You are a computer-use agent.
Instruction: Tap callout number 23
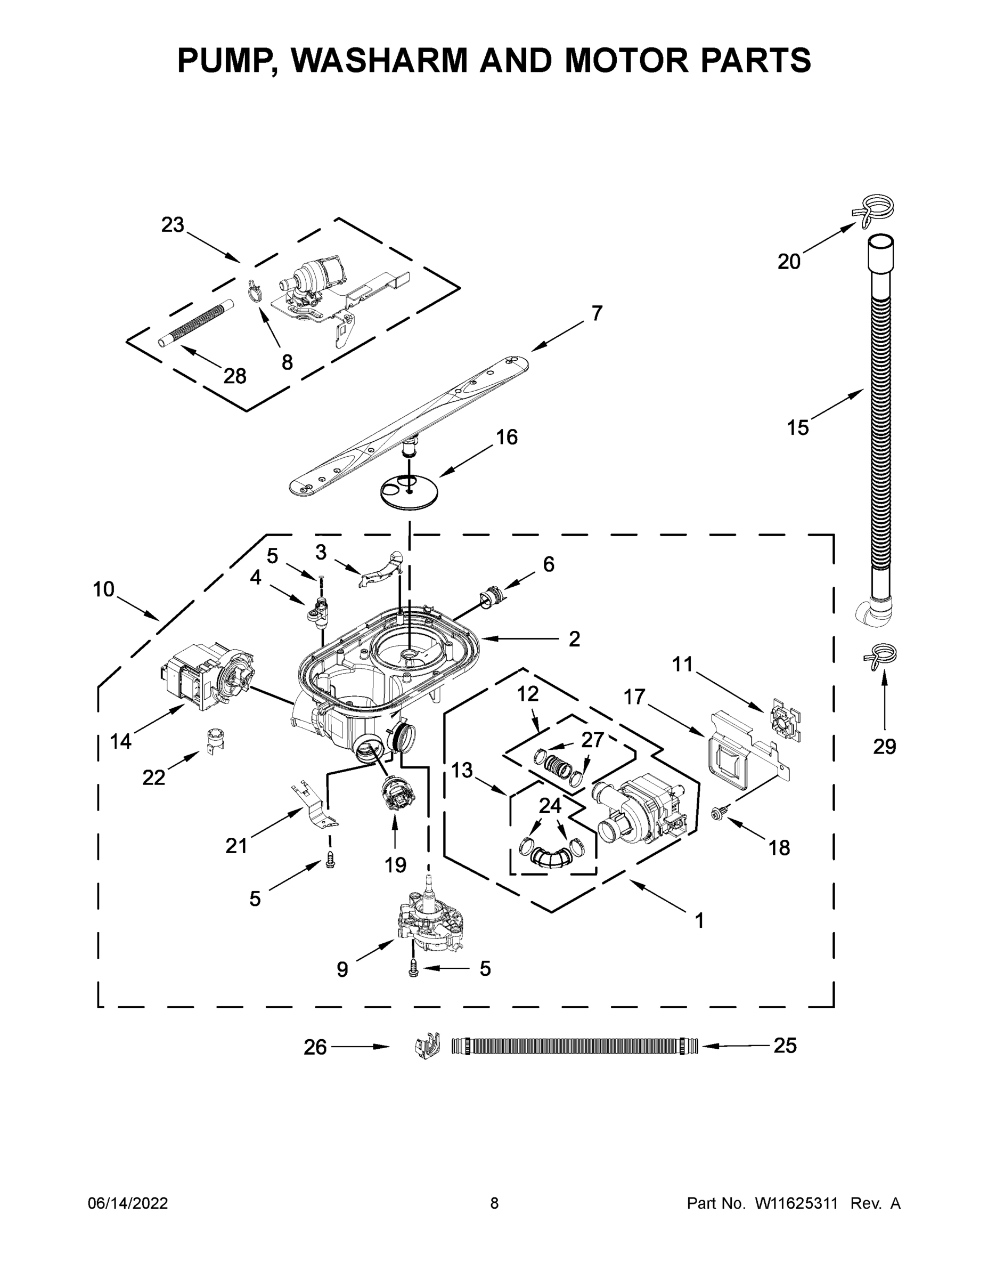coord(173,225)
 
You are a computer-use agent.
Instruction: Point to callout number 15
coord(797,427)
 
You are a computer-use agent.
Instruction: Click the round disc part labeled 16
coord(409,490)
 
